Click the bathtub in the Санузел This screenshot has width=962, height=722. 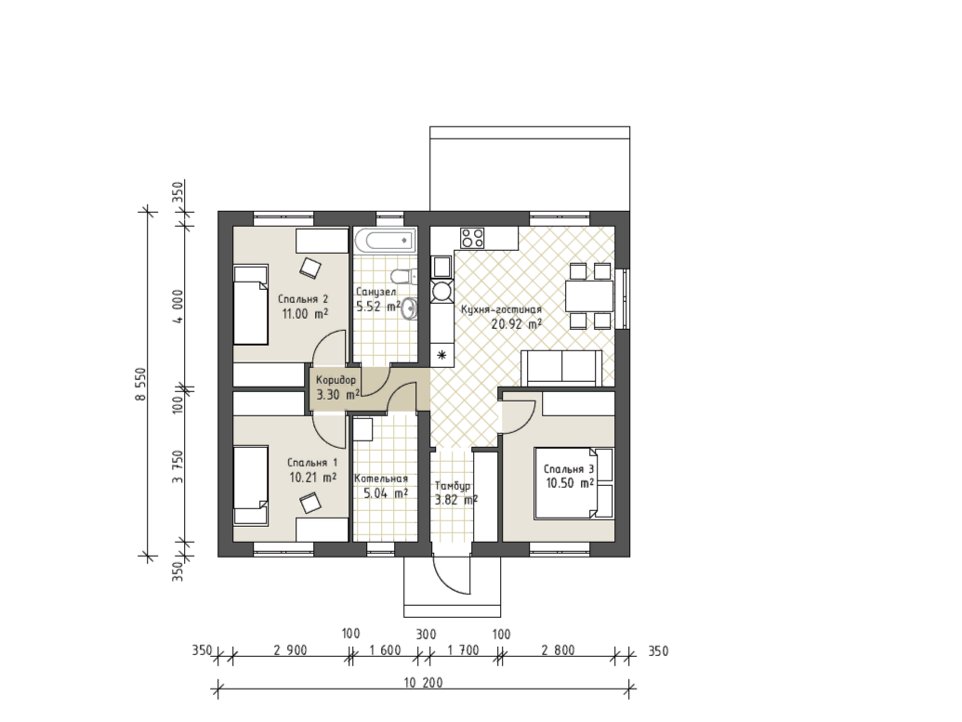(x=385, y=240)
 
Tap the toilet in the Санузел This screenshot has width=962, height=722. (x=402, y=276)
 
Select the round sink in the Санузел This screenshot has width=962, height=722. (x=409, y=308)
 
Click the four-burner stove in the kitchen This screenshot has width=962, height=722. (x=472, y=237)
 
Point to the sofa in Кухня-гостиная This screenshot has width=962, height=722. (x=561, y=368)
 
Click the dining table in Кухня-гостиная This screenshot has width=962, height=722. (x=589, y=296)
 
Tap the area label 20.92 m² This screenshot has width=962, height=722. (x=516, y=324)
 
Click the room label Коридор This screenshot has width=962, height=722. (x=336, y=380)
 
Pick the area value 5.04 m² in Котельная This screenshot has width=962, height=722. (x=386, y=492)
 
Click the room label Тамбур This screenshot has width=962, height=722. (x=453, y=486)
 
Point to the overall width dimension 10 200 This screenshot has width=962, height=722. (x=423, y=682)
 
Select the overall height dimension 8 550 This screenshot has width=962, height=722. (x=141, y=384)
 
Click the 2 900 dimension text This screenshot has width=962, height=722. (x=290, y=650)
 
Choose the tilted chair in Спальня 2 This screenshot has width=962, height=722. (x=310, y=268)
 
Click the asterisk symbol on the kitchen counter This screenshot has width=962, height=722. (x=441, y=355)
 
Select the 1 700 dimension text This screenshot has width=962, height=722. (x=463, y=650)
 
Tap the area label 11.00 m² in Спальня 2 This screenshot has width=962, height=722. (x=304, y=314)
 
